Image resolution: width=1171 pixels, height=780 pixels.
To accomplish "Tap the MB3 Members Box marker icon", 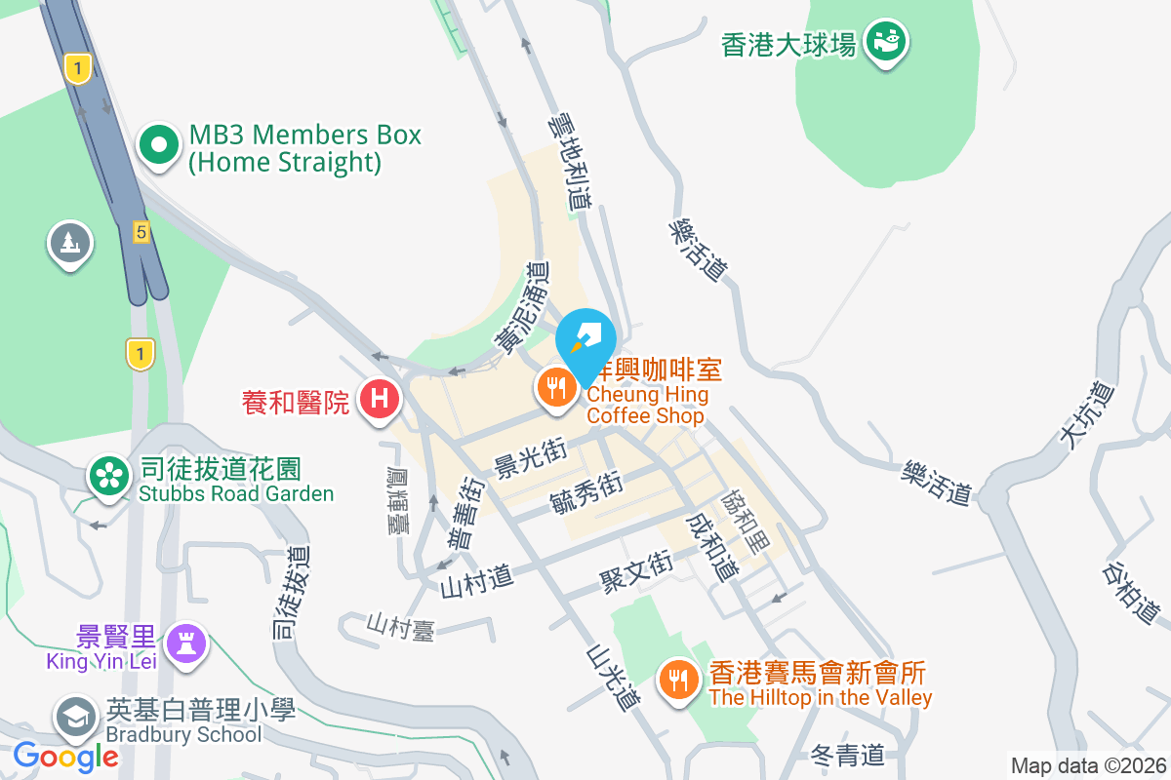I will (159, 146).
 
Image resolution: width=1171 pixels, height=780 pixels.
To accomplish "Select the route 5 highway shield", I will (141, 232).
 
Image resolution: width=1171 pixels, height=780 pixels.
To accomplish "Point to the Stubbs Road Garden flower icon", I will (110, 476).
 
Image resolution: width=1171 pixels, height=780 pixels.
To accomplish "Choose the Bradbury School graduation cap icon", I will (76, 719).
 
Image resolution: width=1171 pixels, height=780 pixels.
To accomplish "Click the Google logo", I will (65, 756).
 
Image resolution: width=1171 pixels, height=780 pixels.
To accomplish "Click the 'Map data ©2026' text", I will (1087, 765).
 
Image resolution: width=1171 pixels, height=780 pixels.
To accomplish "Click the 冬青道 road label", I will (847, 754).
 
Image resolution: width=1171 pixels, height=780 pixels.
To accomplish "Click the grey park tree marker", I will (70, 244).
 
